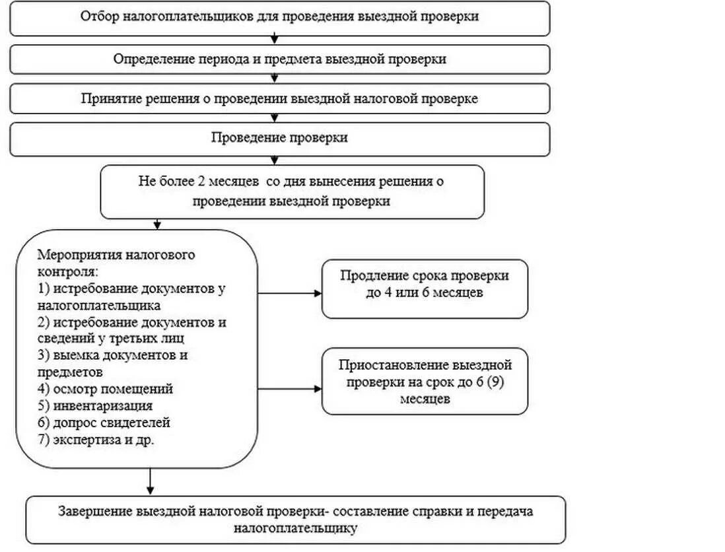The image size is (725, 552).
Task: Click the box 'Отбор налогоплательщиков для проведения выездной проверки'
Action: [x=279, y=18]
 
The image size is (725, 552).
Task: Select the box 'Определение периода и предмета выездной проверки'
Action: [x=279, y=59]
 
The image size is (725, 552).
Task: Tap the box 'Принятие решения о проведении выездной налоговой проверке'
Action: [x=279, y=98]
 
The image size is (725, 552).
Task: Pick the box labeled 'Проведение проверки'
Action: [x=279, y=138]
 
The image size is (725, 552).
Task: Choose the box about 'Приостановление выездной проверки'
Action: [x=425, y=382]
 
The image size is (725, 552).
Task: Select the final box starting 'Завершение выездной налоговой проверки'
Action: [x=296, y=520]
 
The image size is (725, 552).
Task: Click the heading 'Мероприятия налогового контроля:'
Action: [x=117, y=263]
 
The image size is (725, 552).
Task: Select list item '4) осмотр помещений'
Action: [x=106, y=389]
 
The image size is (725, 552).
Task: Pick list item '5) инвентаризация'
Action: [x=95, y=405]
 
